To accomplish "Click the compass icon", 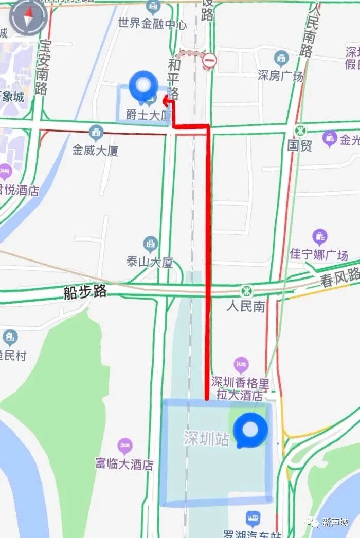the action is tap(28, 17).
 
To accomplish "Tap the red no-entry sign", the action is tap(209, 61).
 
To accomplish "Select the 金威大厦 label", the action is tap(96, 150).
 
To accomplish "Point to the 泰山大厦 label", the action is tap(150, 262).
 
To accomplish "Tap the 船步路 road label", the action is tap(85, 292).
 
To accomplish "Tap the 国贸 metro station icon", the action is tap(300, 131).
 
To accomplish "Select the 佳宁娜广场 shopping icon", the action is tap(319, 237).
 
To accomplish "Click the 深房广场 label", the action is tap(281, 76).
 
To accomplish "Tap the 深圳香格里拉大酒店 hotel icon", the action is tap(241, 366).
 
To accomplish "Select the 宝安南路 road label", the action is tap(42, 67).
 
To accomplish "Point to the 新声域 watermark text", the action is tap(335, 522).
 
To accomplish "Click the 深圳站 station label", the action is tap(206, 438).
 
